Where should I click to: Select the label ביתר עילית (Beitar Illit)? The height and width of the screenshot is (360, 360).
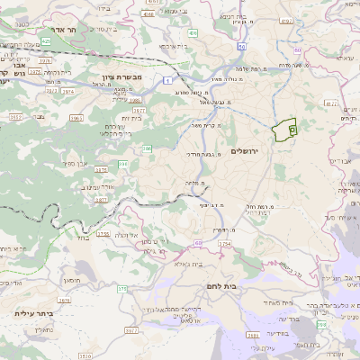coord(33,313)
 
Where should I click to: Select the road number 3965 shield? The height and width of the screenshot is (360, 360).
coord(76,116)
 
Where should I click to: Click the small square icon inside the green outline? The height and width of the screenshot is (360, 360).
coord(292,130)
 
